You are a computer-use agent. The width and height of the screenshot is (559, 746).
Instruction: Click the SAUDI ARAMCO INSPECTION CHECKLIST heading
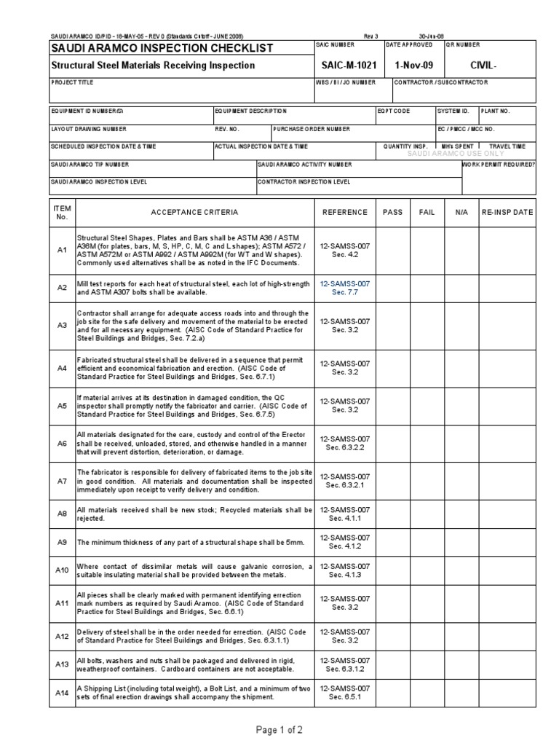(x=162, y=48)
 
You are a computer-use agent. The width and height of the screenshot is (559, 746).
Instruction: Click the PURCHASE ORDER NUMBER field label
(x=312, y=129)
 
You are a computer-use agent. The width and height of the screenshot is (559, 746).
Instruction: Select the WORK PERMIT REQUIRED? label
(x=499, y=164)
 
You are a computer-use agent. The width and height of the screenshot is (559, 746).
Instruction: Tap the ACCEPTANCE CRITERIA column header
(x=194, y=213)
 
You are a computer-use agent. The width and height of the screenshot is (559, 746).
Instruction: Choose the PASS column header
(x=392, y=213)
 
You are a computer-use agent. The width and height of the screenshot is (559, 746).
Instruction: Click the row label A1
(x=62, y=250)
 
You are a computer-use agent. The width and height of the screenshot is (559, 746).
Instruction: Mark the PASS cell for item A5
(x=392, y=406)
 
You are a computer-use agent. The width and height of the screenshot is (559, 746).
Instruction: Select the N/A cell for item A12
(x=461, y=636)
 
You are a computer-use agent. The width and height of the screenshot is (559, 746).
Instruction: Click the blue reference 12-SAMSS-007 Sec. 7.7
(x=344, y=287)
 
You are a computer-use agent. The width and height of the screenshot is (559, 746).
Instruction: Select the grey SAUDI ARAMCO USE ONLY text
(x=456, y=154)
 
